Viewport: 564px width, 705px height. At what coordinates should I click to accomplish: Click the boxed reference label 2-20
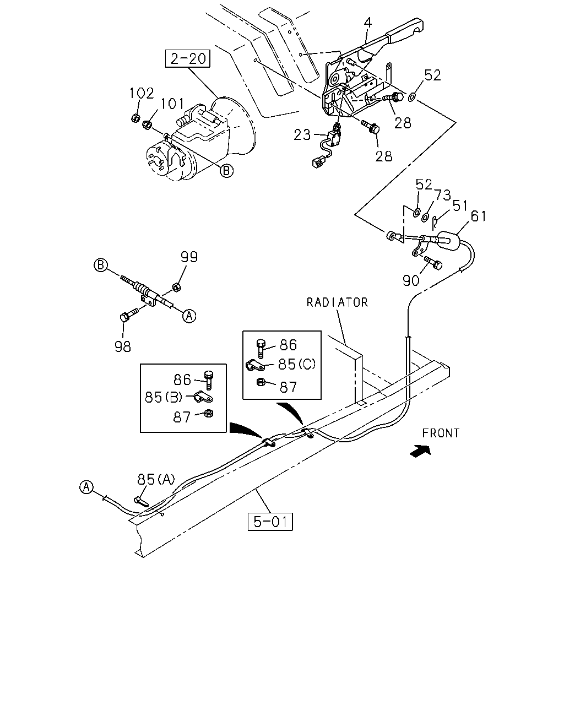click(x=187, y=58)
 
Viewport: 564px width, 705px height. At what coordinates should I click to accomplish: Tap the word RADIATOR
click(x=337, y=302)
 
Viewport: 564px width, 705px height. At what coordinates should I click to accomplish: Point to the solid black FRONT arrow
click(x=420, y=451)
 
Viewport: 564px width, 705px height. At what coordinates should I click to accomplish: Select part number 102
click(x=142, y=94)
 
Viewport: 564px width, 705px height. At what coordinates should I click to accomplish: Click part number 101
click(x=172, y=104)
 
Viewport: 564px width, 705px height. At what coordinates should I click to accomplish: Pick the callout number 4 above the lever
click(x=368, y=23)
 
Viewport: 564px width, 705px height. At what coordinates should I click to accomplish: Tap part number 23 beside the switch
click(x=302, y=134)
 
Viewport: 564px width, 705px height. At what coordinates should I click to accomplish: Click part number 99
click(x=189, y=257)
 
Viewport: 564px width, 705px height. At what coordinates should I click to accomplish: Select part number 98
click(x=123, y=346)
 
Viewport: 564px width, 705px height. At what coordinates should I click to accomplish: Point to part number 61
click(x=479, y=216)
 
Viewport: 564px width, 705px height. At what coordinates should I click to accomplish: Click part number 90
click(x=411, y=280)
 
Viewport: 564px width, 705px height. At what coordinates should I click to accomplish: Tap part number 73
click(x=443, y=196)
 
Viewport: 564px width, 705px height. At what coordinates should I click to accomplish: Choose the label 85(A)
click(x=156, y=479)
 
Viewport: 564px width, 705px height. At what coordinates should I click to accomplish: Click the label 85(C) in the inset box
click(x=297, y=364)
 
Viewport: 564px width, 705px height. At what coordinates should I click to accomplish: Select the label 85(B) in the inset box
click(x=164, y=397)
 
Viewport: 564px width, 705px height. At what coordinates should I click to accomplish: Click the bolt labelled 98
click(x=128, y=314)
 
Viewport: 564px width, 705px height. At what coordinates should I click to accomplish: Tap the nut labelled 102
click(x=135, y=118)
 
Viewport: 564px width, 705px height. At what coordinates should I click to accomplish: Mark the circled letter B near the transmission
click(x=226, y=171)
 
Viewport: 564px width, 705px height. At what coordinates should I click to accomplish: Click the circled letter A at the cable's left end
click(x=86, y=487)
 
